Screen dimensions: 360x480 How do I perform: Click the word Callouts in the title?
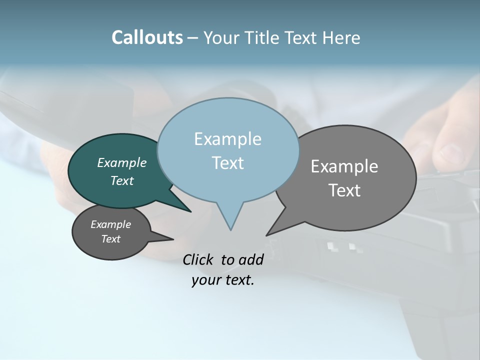click(x=147, y=37)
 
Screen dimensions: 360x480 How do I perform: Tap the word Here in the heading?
click(x=340, y=38)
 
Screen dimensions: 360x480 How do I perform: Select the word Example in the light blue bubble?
click(x=227, y=139)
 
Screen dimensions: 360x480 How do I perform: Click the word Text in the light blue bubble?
click(x=227, y=163)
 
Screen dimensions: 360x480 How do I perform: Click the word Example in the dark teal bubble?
click(x=121, y=162)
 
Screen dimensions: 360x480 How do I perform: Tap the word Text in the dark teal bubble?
click(x=121, y=180)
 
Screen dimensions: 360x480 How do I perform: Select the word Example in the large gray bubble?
click(x=344, y=166)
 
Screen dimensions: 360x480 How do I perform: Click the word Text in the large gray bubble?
click(x=344, y=190)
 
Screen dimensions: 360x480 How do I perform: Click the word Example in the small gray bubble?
click(x=110, y=224)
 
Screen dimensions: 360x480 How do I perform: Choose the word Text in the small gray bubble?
click(x=110, y=239)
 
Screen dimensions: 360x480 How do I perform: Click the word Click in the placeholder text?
click(x=198, y=259)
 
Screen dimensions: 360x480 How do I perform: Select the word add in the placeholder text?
click(x=251, y=259)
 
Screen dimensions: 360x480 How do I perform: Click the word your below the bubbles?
click(x=206, y=280)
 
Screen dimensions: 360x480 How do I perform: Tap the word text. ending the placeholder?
click(x=238, y=280)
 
